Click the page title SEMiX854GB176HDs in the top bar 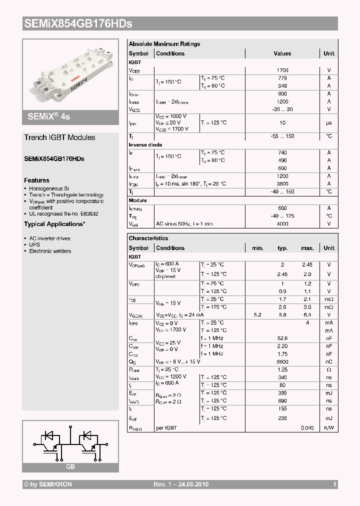tap(78, 23)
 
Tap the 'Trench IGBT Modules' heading tap(59, 137)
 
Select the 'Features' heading tap(36, 180)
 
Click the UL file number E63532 tap(88, 213)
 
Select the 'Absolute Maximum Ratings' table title tap(164, 44)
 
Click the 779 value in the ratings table tap(282, 78)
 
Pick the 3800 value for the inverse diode tap(282, 184)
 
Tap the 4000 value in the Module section tap(282, 223)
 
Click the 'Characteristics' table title tap(148, 238)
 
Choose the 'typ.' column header tap(282, 248)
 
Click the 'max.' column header tap(307, 248)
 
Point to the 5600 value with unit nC tap(282, 361)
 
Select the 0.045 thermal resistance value tap(307, 428)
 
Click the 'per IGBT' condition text tap(166, 428)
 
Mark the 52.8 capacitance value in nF tap(282, 338)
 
